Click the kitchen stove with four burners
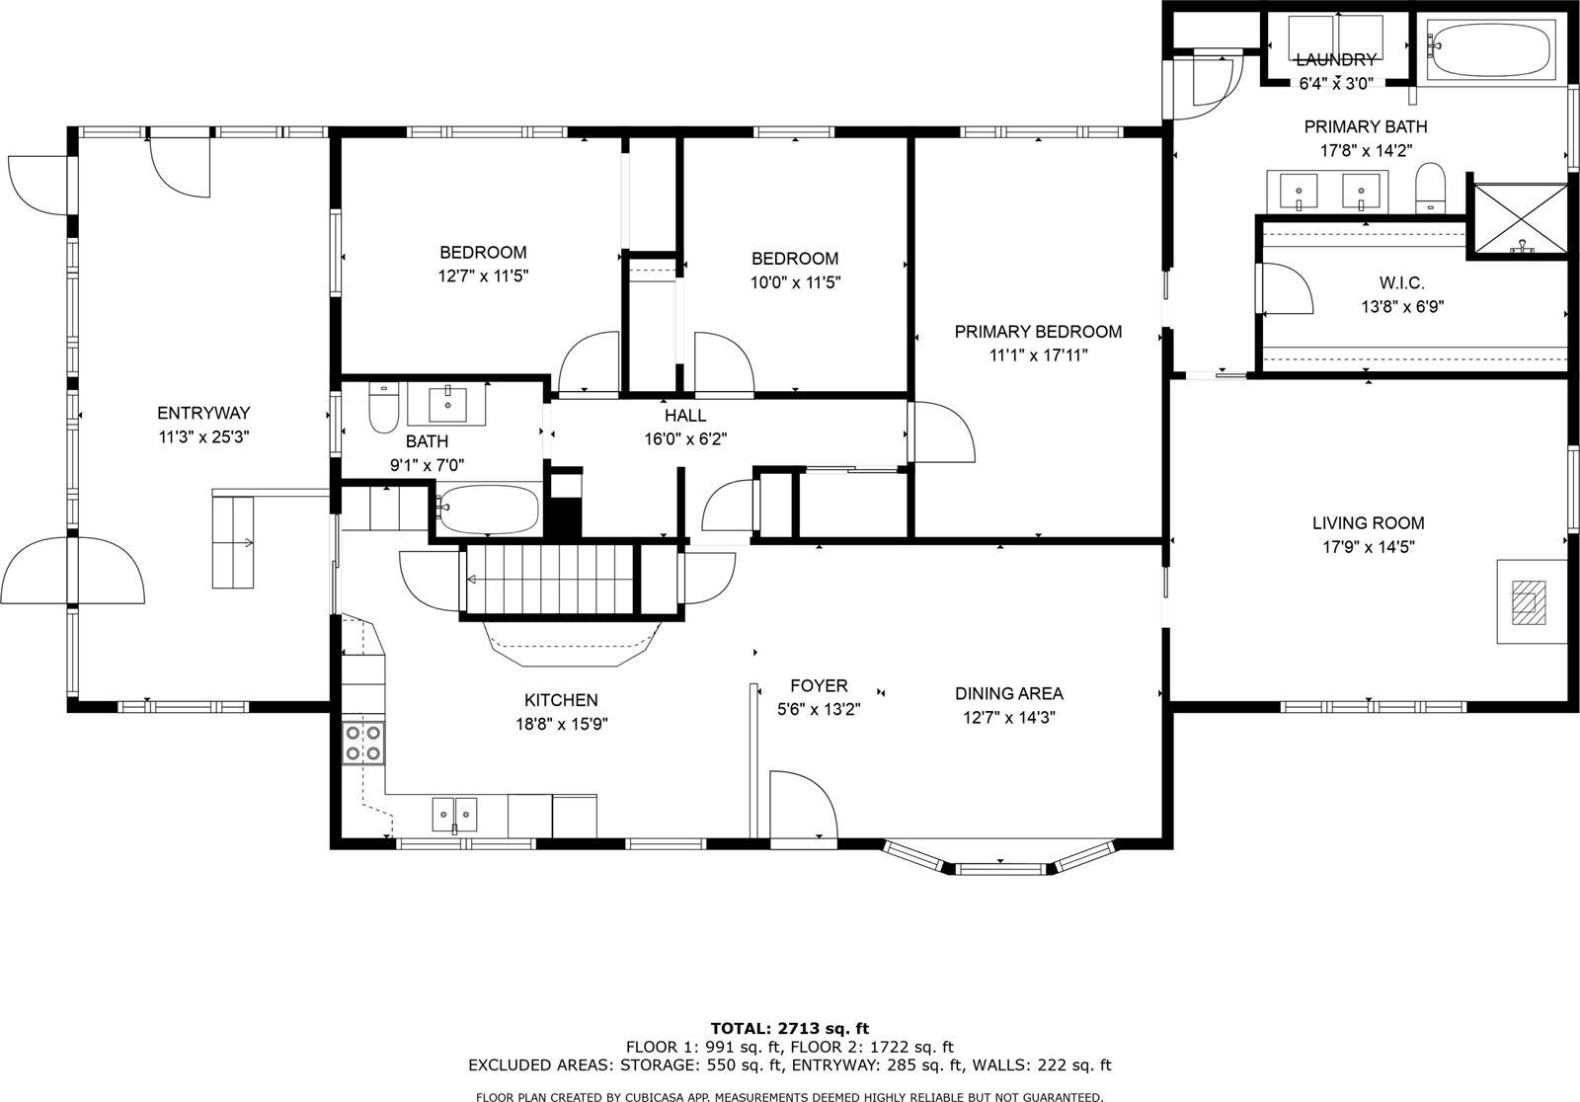[x=362, y=743]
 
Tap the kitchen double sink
[x=454, y=815]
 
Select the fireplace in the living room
[x=1530, y=601]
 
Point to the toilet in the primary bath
[x=1430, y=188]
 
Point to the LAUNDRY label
[x=1335, y=60]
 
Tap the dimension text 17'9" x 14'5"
[x=1368, y=547]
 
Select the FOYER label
[x=819, y=685]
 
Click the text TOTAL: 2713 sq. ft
[x=789, y=1028]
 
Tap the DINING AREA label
[x=1008, y=694]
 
